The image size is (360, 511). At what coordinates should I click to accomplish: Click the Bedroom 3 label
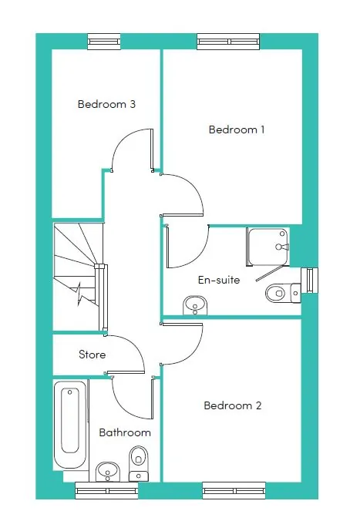click(106, 104)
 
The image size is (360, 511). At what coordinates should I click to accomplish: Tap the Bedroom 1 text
click(237, 129)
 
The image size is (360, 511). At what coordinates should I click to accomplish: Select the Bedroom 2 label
click(233, 405)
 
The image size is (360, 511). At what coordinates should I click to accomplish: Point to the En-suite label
click(219, 280)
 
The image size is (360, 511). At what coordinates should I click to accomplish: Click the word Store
click(93, 355)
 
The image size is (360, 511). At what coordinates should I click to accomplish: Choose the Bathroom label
click(125, 432)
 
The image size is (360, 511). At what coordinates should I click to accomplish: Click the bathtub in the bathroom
click(70, 425)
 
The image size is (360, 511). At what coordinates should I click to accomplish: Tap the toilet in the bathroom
click(139, 463)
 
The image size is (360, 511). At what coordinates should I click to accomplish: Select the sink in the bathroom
click(108, 472)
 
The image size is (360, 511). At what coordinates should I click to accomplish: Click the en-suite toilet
click(283, 293)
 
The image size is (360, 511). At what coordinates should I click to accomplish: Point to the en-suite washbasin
click(195, 305)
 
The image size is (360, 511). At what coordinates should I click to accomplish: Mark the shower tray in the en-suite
click(268, 247)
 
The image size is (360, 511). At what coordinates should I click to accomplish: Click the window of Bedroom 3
click(104, 42)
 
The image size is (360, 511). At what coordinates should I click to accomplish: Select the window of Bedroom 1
click(229, 42)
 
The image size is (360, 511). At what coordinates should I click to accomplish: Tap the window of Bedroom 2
click(234, 490)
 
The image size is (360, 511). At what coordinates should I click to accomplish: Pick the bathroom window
click(106, 490)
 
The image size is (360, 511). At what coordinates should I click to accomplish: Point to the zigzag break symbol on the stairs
click(80, 295)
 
